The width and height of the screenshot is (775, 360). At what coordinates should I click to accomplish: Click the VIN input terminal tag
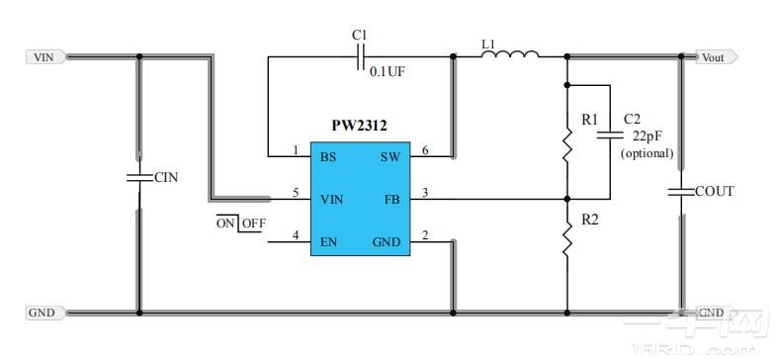(44, 57)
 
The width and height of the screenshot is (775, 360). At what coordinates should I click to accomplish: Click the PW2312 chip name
(359, 128)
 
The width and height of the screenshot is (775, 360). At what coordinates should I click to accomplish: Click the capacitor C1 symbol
(360, 57)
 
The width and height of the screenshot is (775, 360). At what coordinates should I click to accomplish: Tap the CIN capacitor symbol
(138, 178)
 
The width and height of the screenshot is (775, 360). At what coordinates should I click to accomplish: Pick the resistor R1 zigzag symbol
(567, 145)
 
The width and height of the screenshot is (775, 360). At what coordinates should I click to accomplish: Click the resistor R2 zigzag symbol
(567, 239)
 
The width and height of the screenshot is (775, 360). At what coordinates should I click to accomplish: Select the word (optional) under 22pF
(646, 153)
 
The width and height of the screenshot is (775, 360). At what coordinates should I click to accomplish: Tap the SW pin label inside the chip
(389, 157)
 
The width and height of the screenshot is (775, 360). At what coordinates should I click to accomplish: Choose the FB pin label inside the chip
(390, 199)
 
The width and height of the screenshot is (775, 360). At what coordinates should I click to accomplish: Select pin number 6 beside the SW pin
(424, 150)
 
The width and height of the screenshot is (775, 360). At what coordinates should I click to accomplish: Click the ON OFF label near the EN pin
(241, 224)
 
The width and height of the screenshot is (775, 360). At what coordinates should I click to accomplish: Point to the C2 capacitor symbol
(610, 130)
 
